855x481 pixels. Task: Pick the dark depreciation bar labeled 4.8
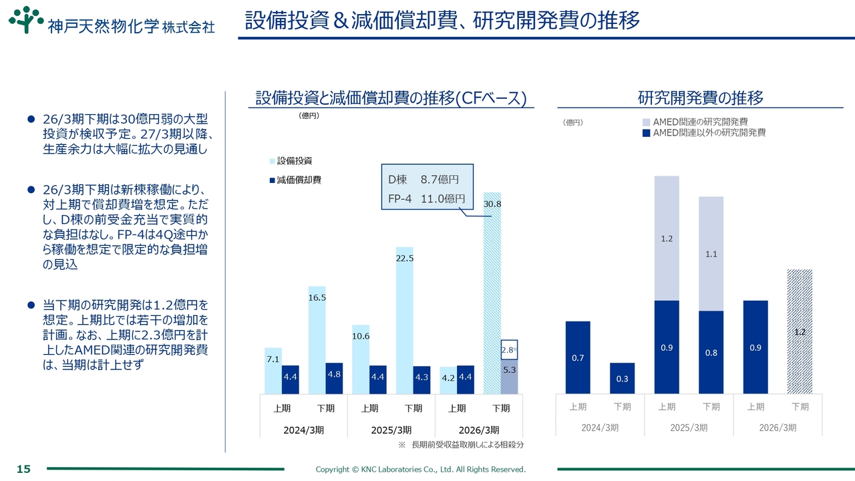[x=334, y=378]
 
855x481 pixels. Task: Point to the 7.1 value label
[x=273, y=359]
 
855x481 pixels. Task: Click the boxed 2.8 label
[x=508, y=349]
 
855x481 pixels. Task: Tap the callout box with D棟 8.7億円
[x=427, y=188]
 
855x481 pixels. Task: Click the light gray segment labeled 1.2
[x=666, y=238]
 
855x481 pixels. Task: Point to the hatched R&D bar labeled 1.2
[x=800, y=331]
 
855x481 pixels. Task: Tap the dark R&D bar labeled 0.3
[x=622, y=378]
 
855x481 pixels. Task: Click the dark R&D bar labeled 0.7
[x=578, y=357]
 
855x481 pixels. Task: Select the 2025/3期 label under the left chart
[x=391, y=430]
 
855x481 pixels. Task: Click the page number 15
[x=23, y=469]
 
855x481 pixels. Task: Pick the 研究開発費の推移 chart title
[x=700, y=98]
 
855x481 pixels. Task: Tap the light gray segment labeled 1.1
[x=711, y=254]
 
